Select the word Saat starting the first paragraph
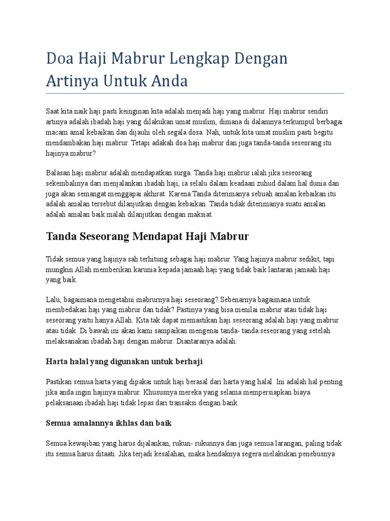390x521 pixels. click(53, 110)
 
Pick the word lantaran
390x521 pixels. click(283, 269)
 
